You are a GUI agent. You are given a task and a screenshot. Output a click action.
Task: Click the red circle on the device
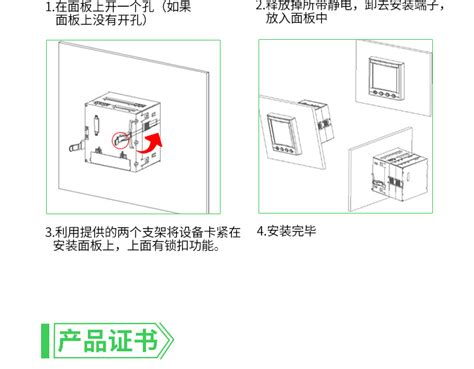click(x=124, y=143)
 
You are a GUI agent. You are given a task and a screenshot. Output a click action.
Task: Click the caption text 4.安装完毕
click(x=288, y=231)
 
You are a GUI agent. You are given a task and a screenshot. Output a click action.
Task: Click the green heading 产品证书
click(x=107, y=340)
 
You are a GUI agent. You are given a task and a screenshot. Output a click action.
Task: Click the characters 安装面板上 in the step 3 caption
click(x=87, y=245)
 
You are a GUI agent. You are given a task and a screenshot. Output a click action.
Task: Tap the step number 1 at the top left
click(x=47, y=5)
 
